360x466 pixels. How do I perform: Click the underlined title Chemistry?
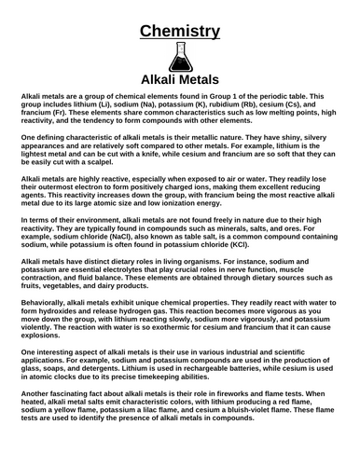click(180, 33)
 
